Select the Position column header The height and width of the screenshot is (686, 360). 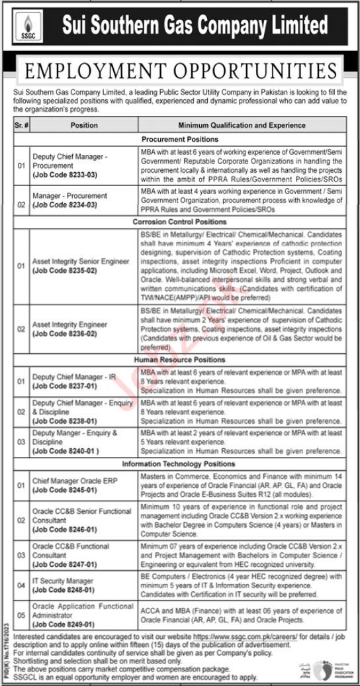84,124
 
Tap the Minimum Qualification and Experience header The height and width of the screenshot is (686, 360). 242,124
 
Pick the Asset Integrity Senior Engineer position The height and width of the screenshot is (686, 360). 81,262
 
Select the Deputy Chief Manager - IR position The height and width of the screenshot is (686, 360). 74,376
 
